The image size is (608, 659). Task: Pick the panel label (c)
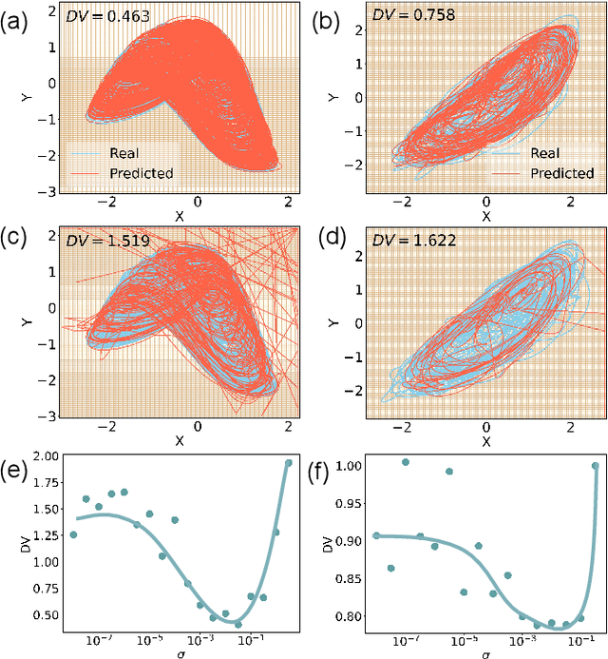tap(17, 237)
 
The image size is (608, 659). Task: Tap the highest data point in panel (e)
tap(289, 463)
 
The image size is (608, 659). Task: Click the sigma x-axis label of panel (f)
tap(485, 653)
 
